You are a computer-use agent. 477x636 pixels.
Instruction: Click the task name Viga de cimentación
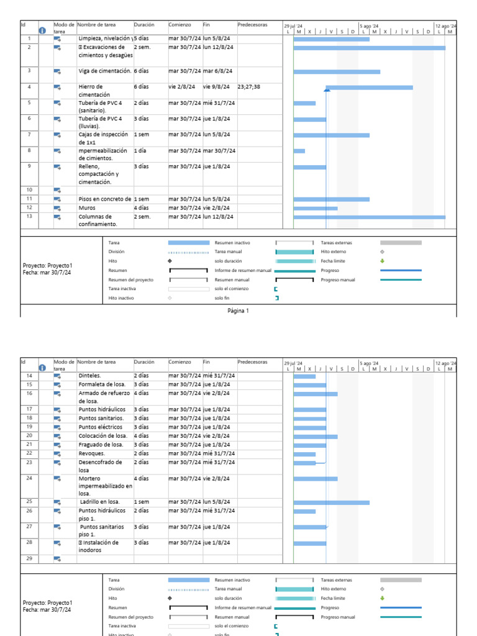(105, 71)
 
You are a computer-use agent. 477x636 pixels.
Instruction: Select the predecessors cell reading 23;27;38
(248, 87)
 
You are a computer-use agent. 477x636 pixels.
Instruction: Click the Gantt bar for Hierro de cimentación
(369, 88)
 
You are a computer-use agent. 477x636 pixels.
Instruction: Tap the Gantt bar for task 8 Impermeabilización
(299, 151)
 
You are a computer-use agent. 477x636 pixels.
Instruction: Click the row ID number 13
(29, 216)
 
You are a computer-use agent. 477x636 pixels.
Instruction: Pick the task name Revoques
(91, 453)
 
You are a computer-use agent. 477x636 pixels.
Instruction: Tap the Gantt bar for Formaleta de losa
(309, 385)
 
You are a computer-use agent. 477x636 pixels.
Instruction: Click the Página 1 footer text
(238, 311)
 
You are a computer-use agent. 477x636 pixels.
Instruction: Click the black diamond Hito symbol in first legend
(170, 261)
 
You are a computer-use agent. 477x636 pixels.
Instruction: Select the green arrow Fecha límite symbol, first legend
(382, 261)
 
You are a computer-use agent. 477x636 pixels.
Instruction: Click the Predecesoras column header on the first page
(252, 25)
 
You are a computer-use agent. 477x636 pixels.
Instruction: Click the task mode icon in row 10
(57, 190)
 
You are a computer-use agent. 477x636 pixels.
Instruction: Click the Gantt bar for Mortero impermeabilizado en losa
(315, 479)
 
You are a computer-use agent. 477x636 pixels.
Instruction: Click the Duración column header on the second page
(144, 361)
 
